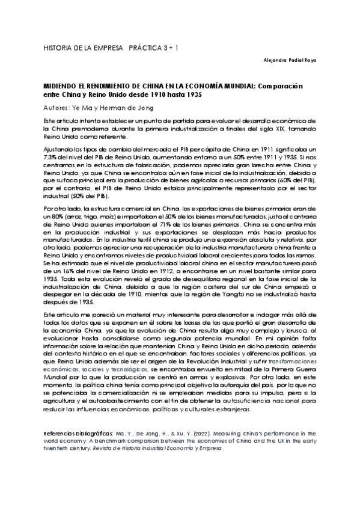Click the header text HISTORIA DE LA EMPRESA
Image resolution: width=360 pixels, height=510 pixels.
click(84, 46)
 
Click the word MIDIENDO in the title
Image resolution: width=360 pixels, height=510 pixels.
click(61, 86)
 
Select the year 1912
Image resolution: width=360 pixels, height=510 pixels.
click(153, 272)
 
